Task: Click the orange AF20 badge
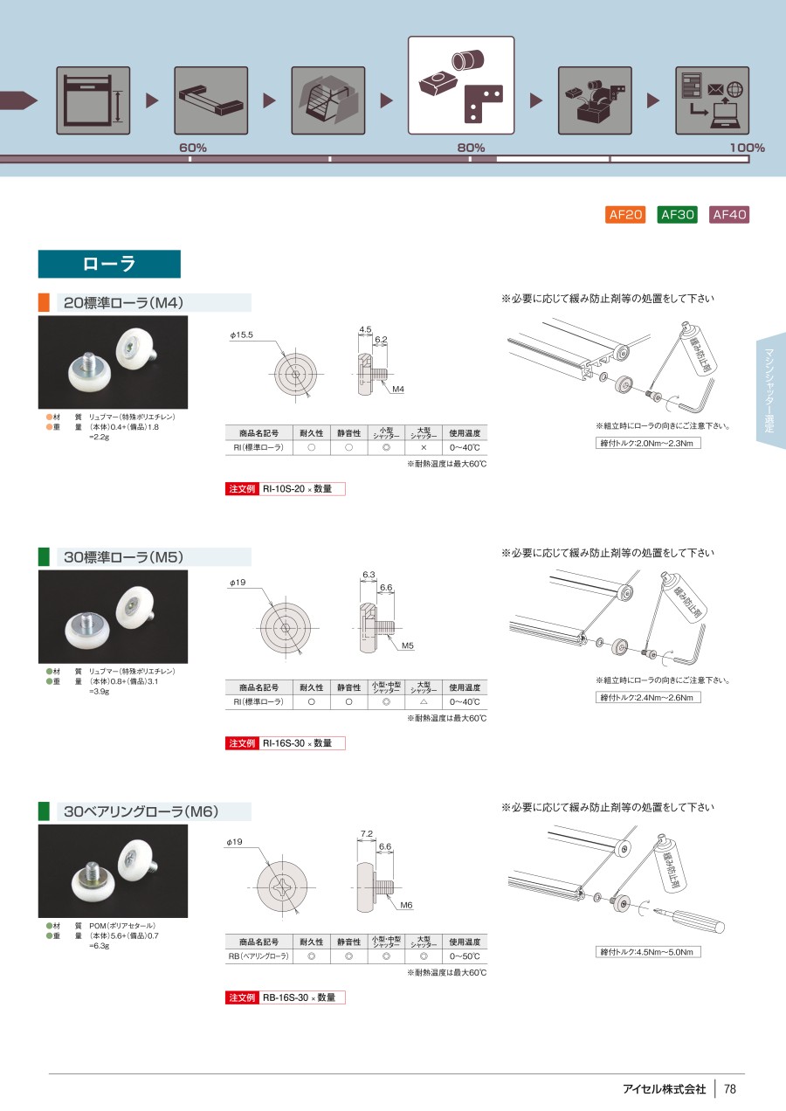[625, 215]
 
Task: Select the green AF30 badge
[677, 215]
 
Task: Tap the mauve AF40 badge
[729, 215]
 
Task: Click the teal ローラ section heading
[109, 264]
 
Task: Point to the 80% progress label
[471, 148]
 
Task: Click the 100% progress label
[747, 148]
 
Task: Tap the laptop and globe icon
[713, 100]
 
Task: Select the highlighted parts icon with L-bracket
[461, 84]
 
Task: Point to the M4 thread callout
[398, 389]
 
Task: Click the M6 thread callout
[406, 906]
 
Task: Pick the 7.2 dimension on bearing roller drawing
[367, 835]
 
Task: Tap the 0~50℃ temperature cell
[465, 957]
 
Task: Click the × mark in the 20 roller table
[424, 447]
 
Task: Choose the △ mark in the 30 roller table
[424, 702]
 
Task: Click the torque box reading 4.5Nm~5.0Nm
[648, 951]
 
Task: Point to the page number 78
[731, 1089]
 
